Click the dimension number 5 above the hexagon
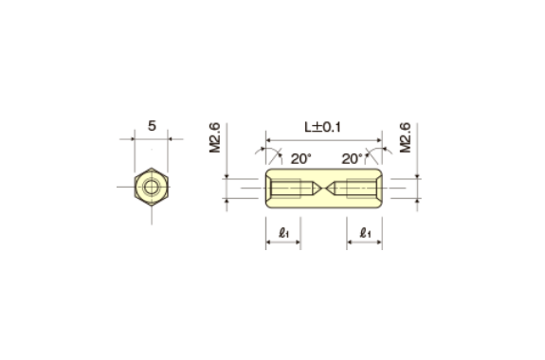pyautogui.click(x=151, y=124)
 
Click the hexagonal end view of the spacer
pyautogui.click(x=151, y=186)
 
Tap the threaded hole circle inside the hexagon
pyautogui.click(x=151, y=186)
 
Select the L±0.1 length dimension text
pyautogui.click(x=323, y=126)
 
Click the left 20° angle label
pyautogui.click(x=300, y=158)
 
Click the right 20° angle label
pyautogui.click(x=352, y=158)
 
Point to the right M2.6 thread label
pyautogui.click(x=405, y=136)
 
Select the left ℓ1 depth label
pyautogui.click(x=283, y=230)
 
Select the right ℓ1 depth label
pyautogui.click(x=365, y=230)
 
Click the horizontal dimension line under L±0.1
pyautogui.click(x=323, y=138)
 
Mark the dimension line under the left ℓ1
pyautogui.click(x=283, y=243)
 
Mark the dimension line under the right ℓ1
pyautogui.click(x=365, y=243)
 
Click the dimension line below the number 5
pyautogui.click(x=151, y=139)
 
